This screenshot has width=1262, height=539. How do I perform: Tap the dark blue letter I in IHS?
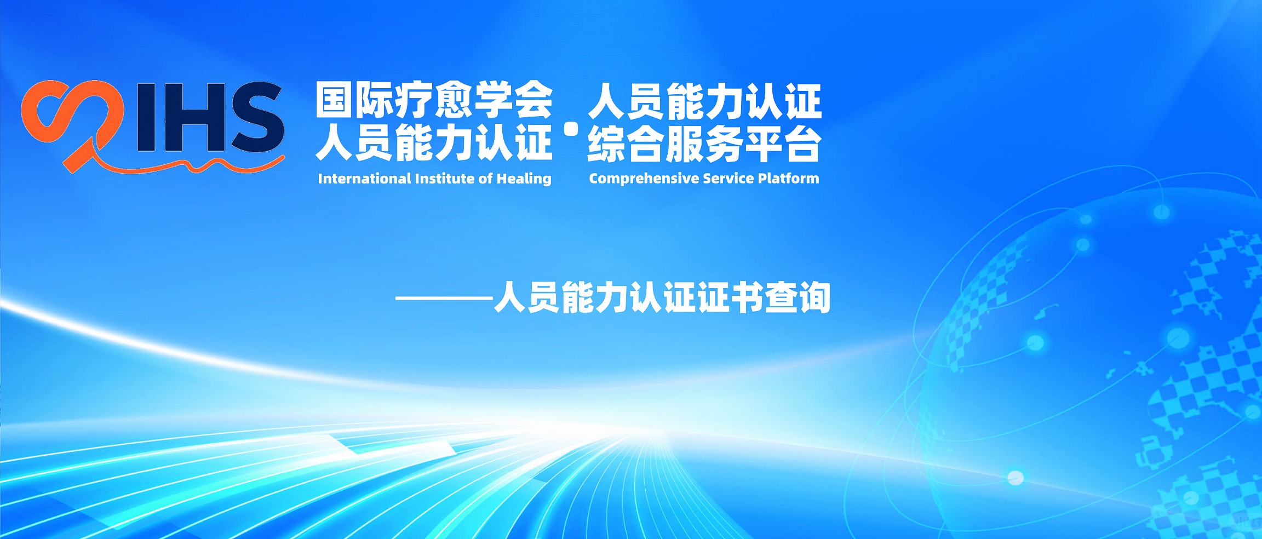[x=145, y=117]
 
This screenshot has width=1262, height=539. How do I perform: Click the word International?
[x=364, y=179]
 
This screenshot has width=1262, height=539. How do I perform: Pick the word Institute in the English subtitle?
[x=445, y=179]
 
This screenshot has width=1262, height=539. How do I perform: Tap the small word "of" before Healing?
[x=486, y=179]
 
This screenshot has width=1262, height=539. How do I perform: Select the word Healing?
[x=524, y=179]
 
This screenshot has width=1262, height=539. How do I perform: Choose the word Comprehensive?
[x=644, y=179]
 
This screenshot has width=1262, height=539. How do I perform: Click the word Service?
[x=728, y=179]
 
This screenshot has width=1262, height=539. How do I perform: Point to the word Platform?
[x=788, y=179]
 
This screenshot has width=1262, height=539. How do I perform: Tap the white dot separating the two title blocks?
[x=571, y=129]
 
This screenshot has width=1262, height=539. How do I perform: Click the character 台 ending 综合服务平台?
[x=803, y=144]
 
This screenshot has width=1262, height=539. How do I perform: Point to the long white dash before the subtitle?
[x=444, y=299]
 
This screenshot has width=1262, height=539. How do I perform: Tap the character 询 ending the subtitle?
[x=814, y=297]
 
